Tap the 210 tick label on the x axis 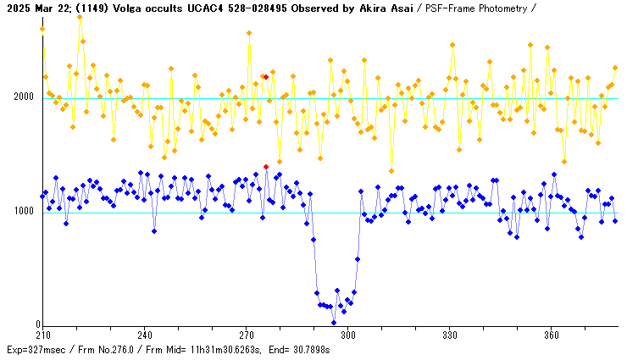pyautogui.click(x=43, y=334)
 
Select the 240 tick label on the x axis pyautogui.click(x=145, y=334)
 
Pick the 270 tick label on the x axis pyautogui.click(x=247, y=334)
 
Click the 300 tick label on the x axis pyautogui.click(x=348, y=334)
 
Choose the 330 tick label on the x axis pyautogui.click(x=450, y=334)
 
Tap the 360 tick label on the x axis pyautogui.click(x=552, y=334)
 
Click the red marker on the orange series pyautogui.click(x=266, y=77)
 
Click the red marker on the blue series pyautogui.click(x=266, y=167)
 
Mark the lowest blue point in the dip pyautogui.click(x=334, y=323)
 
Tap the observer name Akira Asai pyautogui.click(x=386, y=8)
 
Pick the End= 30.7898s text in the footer pyautogui.click(x=302, y=349)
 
